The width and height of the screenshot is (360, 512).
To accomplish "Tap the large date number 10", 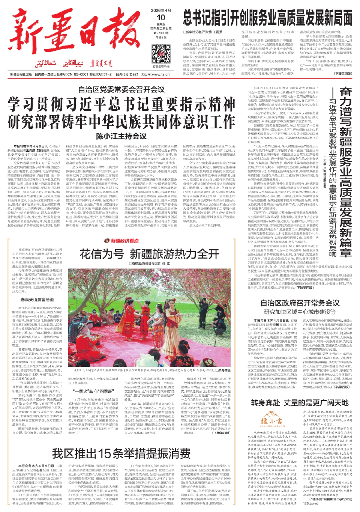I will [161, 18].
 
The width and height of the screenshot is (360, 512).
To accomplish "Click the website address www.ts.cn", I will [161, 74].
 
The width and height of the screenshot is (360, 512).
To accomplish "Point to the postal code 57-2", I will [106, 74].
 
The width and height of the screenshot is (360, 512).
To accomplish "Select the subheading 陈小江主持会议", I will [121, 136].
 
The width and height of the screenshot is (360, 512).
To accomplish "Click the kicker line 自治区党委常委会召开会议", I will [121, 89].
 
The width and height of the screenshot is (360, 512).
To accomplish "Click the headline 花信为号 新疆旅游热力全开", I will [149, 254].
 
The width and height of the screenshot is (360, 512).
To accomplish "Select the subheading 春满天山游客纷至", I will [37, 300].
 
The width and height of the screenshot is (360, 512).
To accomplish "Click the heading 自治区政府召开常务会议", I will [300, 303].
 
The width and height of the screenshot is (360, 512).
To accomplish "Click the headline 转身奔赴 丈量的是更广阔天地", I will [300, 403].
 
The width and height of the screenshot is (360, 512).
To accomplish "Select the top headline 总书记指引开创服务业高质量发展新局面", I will [267, 18].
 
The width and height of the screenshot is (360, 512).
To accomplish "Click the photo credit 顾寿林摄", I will [224, 370].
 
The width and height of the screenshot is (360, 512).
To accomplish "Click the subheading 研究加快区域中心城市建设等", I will [300, 312].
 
